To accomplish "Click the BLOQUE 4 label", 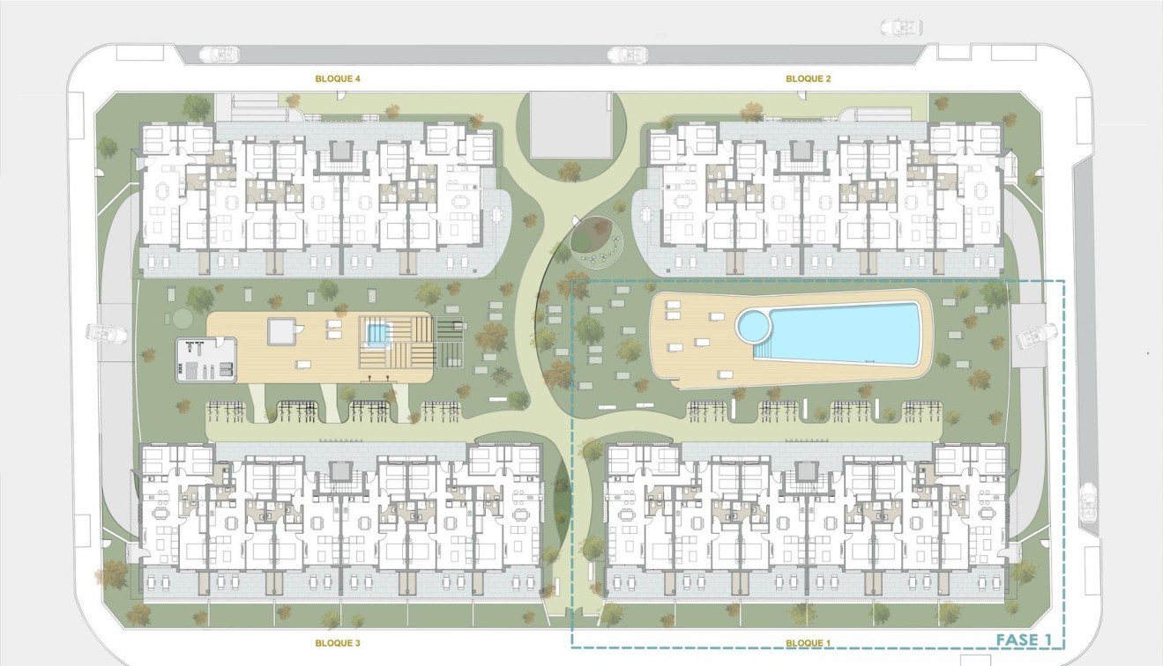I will (x=339, y=78).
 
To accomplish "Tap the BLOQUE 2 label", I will (x=809, y=78).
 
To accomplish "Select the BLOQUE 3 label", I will (x=338, y=643).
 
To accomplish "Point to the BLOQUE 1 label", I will (x=809, y=643).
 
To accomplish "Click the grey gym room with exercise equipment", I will (x=207, y=359).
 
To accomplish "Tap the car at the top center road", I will (x=627, y=55).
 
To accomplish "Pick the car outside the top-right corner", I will (x=901, y=28).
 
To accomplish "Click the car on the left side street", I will (x=101, y=335).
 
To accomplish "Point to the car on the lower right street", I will (x=1087, y=502).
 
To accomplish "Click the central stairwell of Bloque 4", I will (x=339, y=155).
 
